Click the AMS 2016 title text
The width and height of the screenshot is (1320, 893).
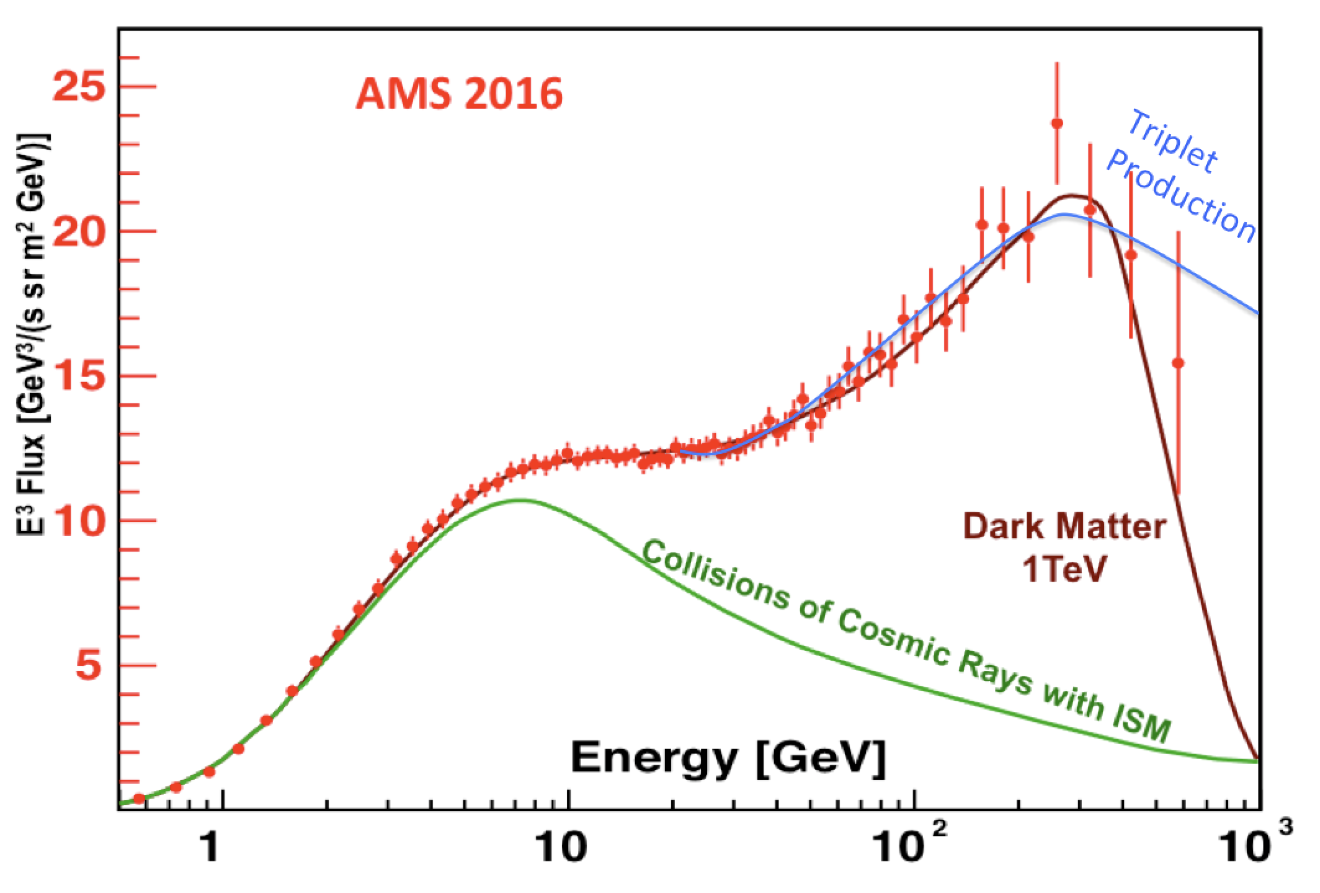459,95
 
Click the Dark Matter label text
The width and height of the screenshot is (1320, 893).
1064,527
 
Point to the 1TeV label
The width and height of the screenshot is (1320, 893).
1064,569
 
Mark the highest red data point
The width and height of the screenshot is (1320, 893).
1057,123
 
